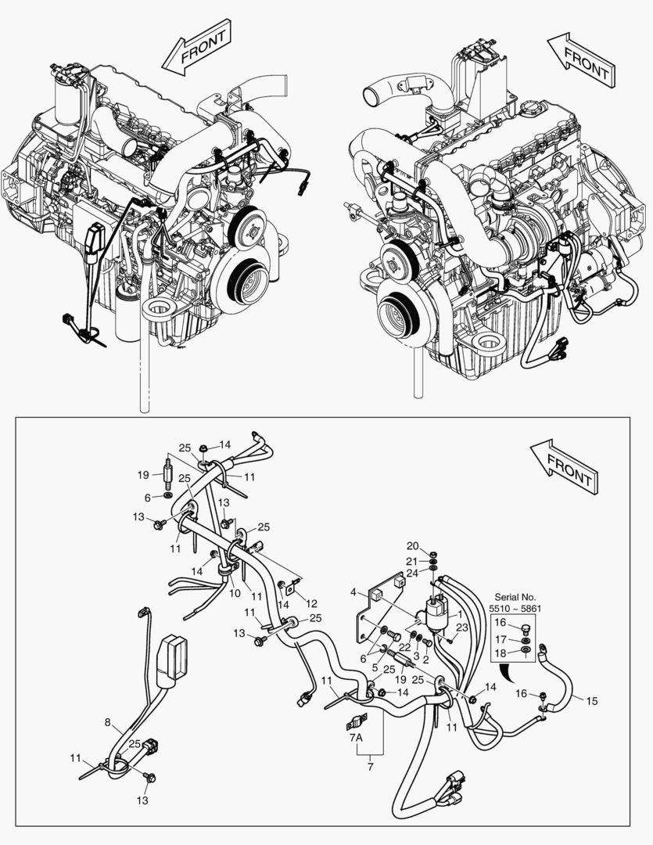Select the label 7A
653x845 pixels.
[x=355, y=738]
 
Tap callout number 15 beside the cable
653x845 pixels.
[x=592, y=700]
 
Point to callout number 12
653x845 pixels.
[x=312, y=603]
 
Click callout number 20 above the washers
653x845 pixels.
[x=413, y=545]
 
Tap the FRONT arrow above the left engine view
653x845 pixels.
[x=197, y=49]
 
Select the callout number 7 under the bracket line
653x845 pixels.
[x=370, y=767]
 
